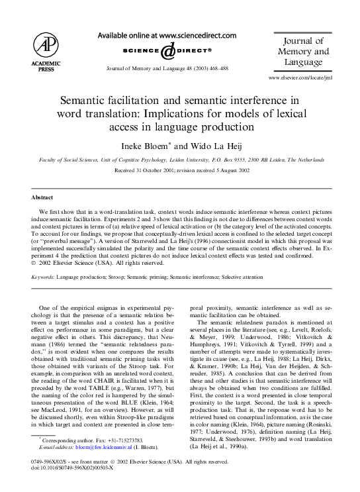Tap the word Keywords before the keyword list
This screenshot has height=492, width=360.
pos(45,276)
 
